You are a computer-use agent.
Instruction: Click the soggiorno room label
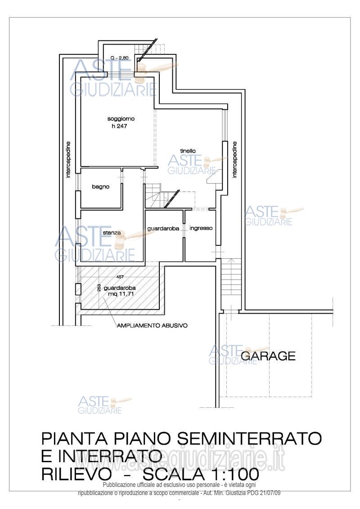[x=121, y=119]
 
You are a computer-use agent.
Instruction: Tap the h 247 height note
[x=119, y=126]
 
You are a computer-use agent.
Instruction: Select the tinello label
[x=188, y=151]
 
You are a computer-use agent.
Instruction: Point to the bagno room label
[x=101, y=187]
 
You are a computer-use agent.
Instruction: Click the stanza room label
[x=112, y=232]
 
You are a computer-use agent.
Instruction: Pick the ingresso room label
[x=201, y=228]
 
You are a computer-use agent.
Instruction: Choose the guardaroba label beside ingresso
[x=163, y=229]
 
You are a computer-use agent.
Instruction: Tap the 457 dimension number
[x=120, y=277]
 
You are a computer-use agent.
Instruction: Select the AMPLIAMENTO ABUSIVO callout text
[x=152, y=325]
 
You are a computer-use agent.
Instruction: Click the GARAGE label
[x=268, y=356]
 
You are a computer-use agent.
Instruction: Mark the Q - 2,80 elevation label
[x=119, y=58]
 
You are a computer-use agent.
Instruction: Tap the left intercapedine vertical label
[x=68, y=160]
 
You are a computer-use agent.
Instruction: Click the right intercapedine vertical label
[x=234, y=160]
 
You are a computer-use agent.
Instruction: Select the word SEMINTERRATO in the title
[x=249, y=438]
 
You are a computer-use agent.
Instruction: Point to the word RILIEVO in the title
[x=76, y=474]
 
